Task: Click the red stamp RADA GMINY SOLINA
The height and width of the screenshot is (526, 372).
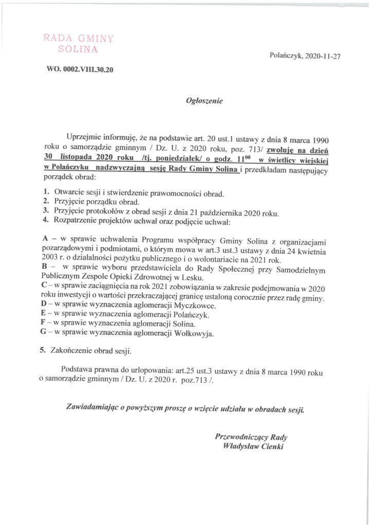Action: coord(79,44)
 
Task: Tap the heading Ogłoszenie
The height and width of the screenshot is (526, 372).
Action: coord(204,102)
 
